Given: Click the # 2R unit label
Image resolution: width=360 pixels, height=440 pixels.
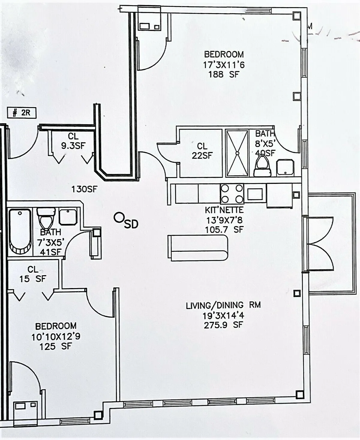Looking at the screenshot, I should click(x=22, y=113).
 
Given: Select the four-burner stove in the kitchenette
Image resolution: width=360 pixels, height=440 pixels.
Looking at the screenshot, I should click(x=232, y=194).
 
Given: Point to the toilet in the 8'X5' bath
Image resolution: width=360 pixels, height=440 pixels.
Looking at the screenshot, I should click(x=263, y=167).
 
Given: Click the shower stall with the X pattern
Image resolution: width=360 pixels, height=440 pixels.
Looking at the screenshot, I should click(x=237, y=153).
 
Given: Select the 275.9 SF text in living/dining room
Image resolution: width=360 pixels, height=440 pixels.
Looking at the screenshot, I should click(x=223, y=325).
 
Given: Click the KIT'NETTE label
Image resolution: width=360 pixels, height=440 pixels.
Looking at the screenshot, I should click(x=224, y=210).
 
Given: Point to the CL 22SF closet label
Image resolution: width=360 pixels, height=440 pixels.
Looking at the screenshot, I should click(x=202, y=150).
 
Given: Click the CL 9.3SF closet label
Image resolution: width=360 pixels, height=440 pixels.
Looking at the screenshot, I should click(x=73, y=141).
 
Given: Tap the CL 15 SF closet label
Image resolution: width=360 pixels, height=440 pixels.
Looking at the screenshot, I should click(x=33, y=274).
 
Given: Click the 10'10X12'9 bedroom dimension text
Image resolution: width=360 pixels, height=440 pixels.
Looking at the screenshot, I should click(x=56, y=336).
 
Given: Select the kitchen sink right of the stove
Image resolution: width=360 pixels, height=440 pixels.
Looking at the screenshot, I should click(x=255, y=194).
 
